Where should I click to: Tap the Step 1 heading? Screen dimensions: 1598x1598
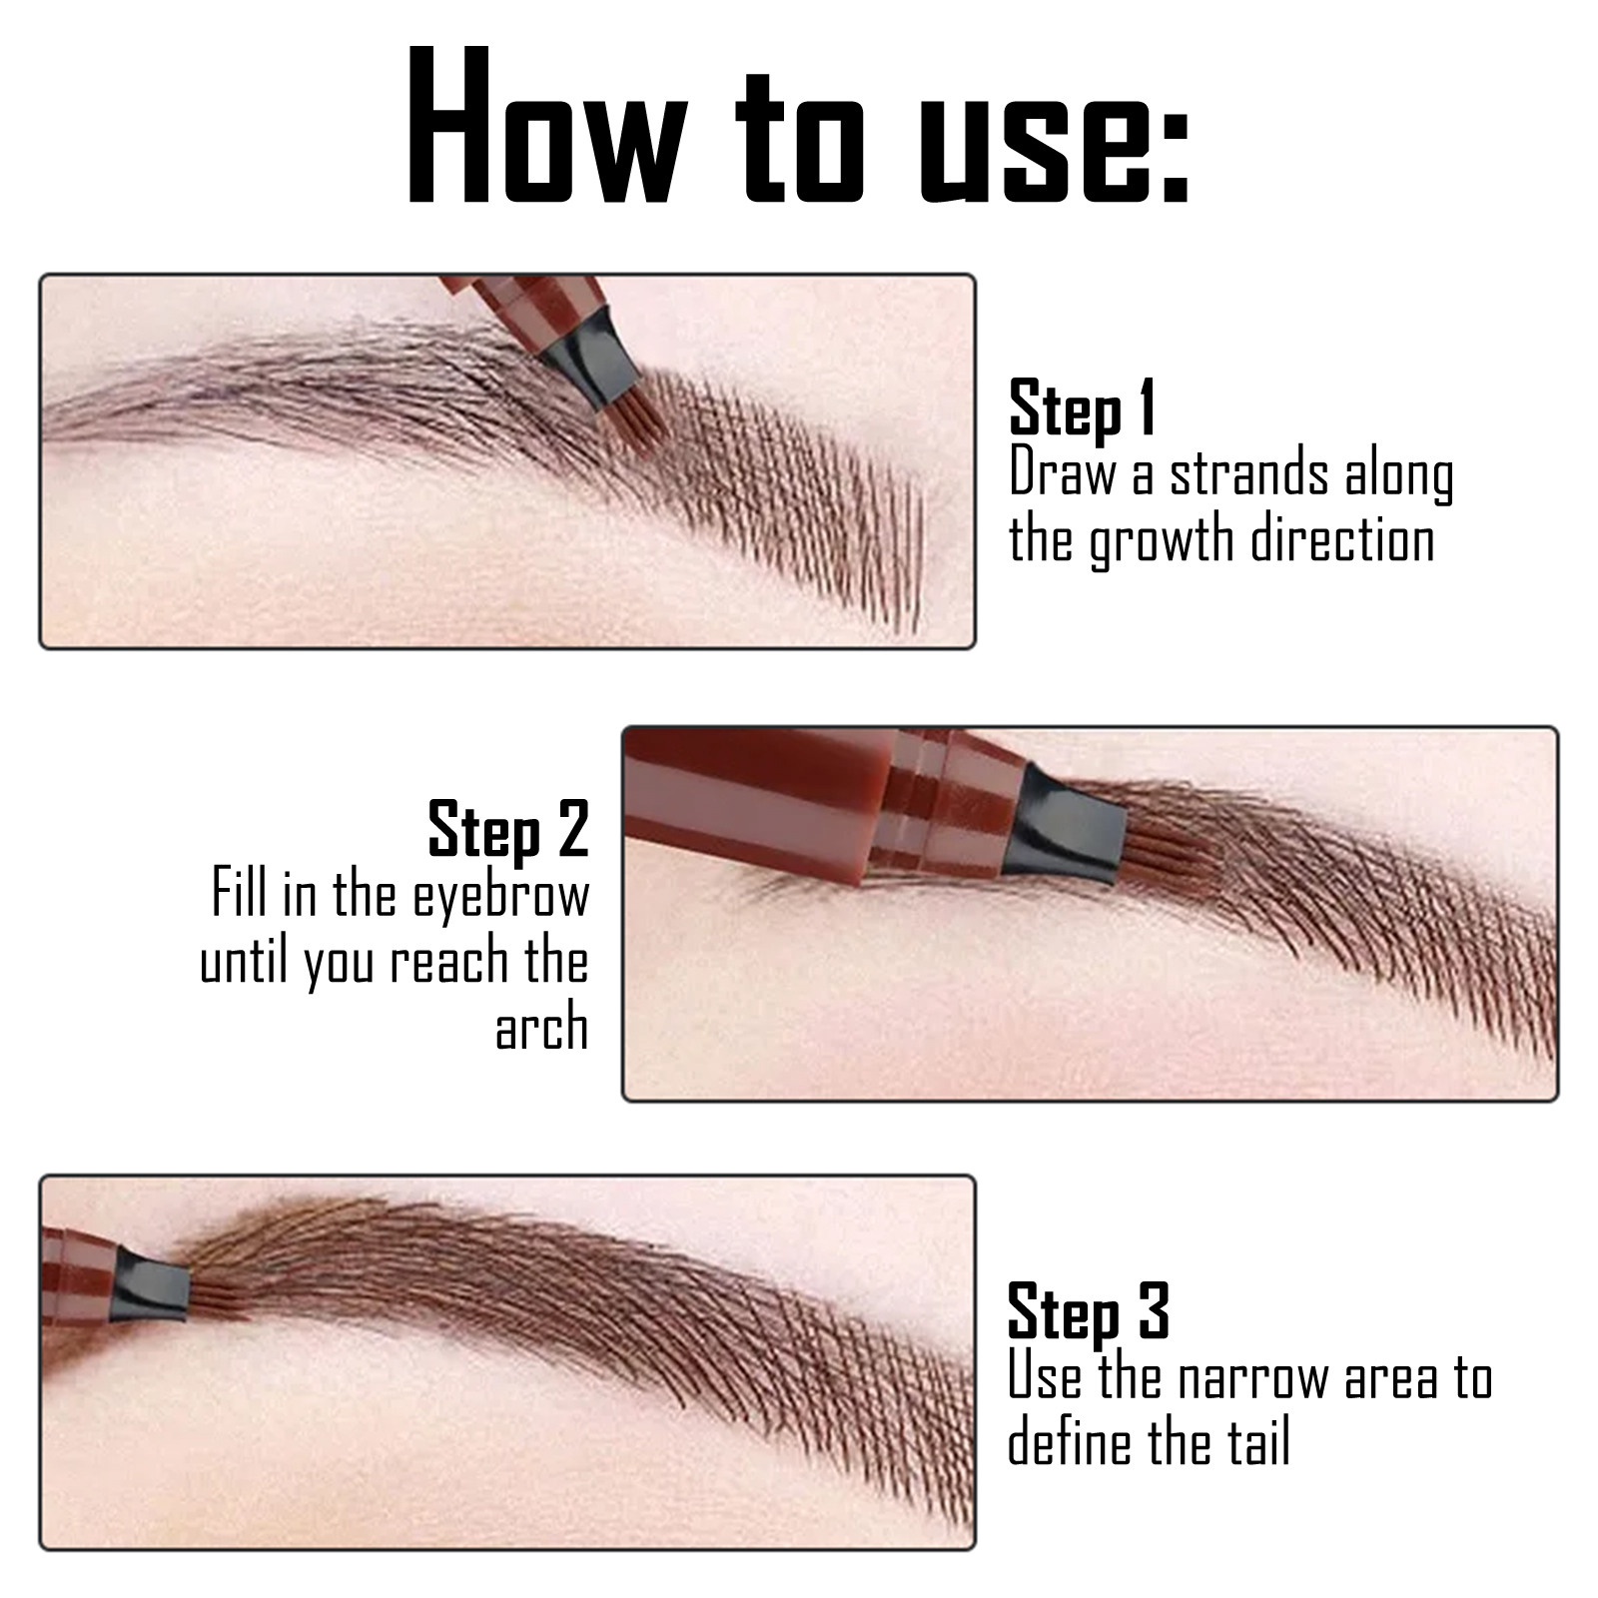[x=1083, y=407]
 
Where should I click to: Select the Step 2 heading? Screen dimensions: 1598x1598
[x=508, y=830]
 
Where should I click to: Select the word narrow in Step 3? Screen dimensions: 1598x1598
[x=1253, y=1377]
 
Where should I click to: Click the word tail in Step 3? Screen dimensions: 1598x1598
[x=1259, y=1443]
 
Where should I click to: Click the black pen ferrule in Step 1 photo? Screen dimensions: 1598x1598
[x=588, y=356]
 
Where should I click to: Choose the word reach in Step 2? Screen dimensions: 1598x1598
[x=448, y=962]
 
